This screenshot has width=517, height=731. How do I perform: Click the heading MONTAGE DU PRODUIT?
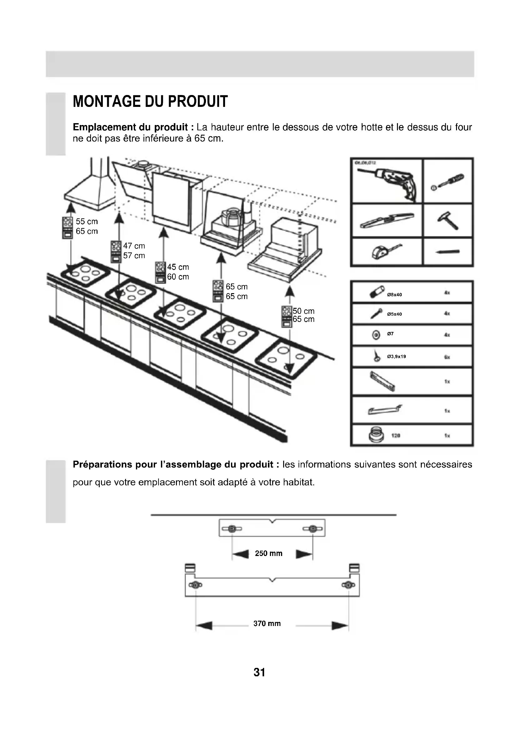coord(150,102)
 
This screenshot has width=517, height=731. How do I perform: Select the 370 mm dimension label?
coord(267,623)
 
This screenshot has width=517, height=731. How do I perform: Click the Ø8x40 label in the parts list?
coord(394,295)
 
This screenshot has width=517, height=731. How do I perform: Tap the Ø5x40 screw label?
coord(394,314)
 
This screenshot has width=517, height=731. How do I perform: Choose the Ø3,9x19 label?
coord(396,357)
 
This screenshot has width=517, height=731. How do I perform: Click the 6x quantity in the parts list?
coord(447,357)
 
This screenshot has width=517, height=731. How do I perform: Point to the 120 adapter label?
coord(395,436)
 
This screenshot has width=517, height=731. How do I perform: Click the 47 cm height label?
coord(134,246)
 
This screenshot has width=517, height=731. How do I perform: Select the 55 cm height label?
coord(87,222)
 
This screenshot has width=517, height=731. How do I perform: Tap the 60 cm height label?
coord(178,277)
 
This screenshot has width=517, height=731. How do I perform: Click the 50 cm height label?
coord(304,311)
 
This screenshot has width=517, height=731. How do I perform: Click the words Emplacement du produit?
coord(130,127)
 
